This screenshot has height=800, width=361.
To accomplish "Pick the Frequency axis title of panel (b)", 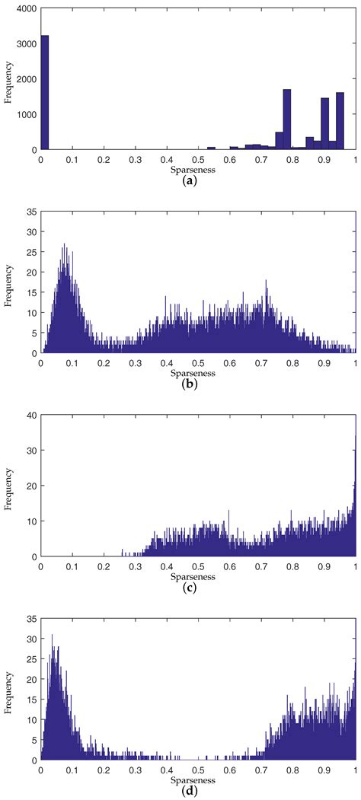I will pyautogui.click(x=8, y=285).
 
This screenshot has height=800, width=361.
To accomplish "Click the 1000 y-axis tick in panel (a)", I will pyautogui.click(x=27, y=114).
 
